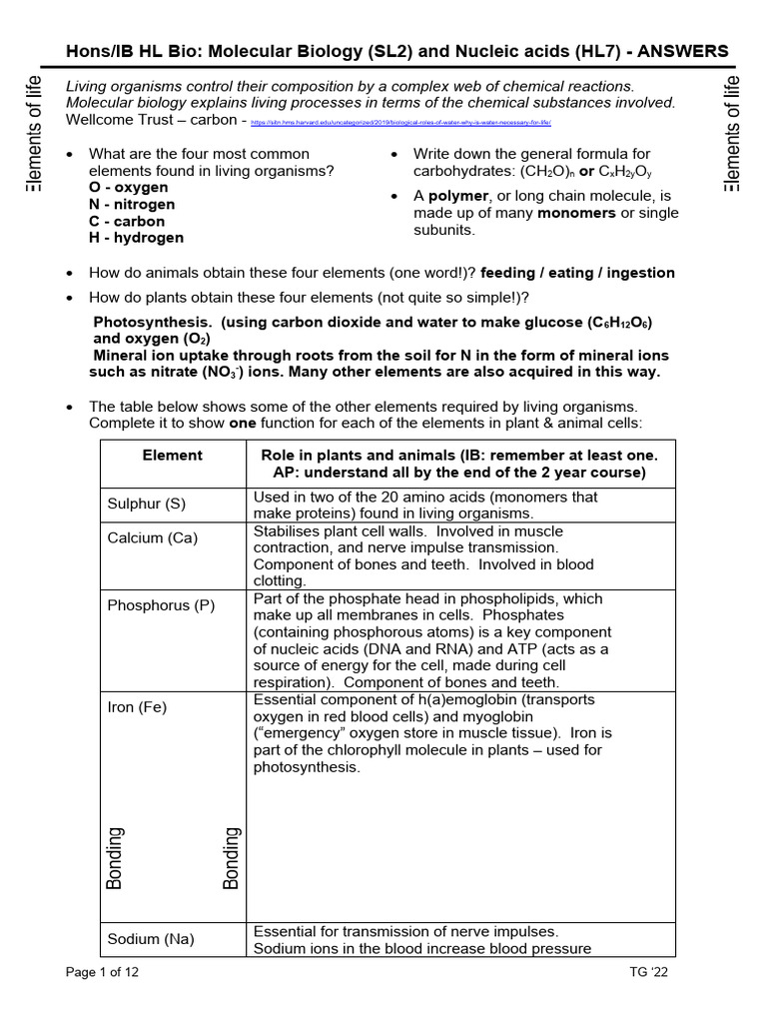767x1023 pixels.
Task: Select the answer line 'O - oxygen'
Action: [x=129, y=187]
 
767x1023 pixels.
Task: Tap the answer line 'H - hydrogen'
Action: [x=137, y=238]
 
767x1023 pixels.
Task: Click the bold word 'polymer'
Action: [x=460, y=196]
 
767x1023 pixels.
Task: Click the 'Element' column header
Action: [x=173, y=455]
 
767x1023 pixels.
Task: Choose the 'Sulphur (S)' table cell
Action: [x=147, y=504]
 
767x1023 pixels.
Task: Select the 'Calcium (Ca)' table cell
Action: [x=153, y=538]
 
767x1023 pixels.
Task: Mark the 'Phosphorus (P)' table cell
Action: [x=161, y=606]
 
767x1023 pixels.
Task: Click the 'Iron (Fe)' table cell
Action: [x=137, y=707]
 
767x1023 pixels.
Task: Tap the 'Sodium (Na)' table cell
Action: [x=151, y=938]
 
